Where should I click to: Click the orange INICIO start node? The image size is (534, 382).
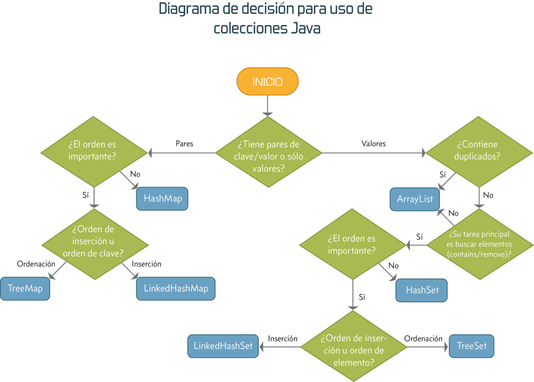[268, 82]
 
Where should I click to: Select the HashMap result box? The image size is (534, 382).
[162, 198]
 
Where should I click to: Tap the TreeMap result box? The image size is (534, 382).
[25, 289]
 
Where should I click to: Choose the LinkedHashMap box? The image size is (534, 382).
[176, 289]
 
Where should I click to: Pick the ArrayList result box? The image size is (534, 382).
[415, 199]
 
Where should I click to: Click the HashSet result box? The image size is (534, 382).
[422, 290]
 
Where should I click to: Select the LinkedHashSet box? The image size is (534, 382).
[223, 346]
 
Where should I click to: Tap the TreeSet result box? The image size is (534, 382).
[471, 346]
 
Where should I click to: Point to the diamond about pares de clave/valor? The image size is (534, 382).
[269, 152]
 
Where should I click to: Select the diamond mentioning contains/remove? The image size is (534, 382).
[479, 244]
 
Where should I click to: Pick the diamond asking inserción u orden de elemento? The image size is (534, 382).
[354, 346]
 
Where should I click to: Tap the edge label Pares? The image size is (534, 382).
[184, 144]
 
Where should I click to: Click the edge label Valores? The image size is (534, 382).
[373, 144]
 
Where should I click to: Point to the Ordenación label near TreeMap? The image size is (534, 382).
[36, 264]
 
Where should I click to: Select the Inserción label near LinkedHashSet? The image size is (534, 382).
[283, 338]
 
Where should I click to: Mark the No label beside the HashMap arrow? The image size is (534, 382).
[135, 174]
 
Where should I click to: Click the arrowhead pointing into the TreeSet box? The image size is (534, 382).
[445, 346]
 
